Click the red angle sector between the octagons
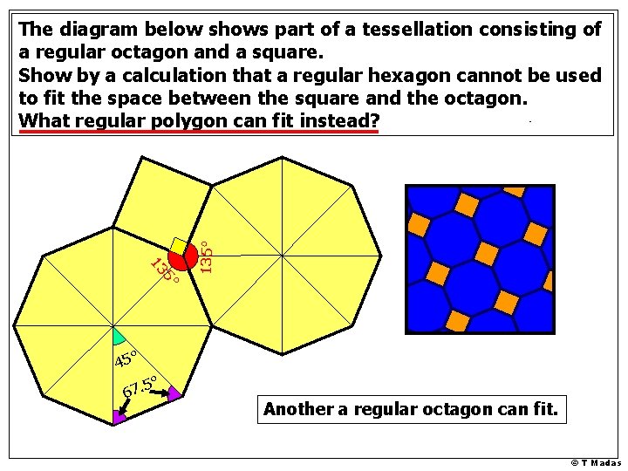coord(184,258)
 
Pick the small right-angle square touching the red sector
coord(179,246)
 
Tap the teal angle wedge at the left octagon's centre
coord(118,337)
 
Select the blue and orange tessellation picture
coord(480,259)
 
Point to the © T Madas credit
coord(597,463)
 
